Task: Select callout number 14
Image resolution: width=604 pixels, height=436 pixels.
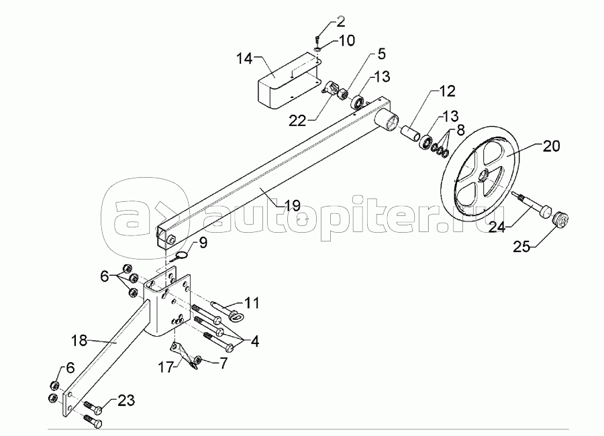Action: (x=245, y=59)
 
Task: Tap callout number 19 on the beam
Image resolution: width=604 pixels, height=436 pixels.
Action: (x=291, y=206)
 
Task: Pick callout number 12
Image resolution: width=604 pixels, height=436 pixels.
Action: (x=447, y=90)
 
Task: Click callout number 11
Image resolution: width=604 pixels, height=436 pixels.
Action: (x=251, y=303)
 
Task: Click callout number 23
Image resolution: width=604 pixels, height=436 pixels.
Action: (x=125, y=401)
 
